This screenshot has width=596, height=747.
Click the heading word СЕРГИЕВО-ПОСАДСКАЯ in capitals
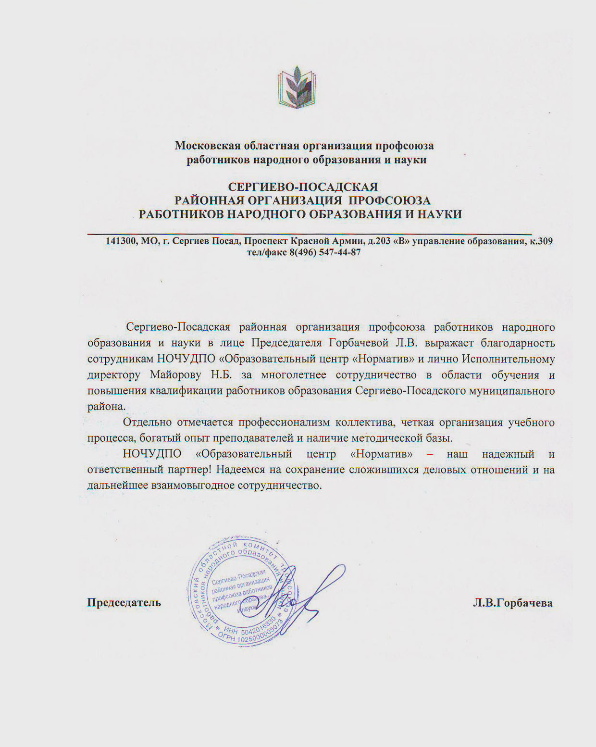pos(303,187)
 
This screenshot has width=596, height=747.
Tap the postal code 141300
pos(122,241)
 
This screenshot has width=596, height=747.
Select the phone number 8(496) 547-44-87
pos(325,252)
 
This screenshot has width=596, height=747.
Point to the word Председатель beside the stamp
pos(124,603)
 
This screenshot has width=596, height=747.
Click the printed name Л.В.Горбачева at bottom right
pos(513,603)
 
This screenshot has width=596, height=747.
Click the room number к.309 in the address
pos(541,241)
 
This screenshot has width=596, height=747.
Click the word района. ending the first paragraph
pos(106,406)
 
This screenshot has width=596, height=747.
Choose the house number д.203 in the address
pos(380,241)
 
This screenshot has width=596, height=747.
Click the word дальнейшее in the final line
pos(118,485)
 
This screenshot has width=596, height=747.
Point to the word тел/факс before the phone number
pos(267,252)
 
